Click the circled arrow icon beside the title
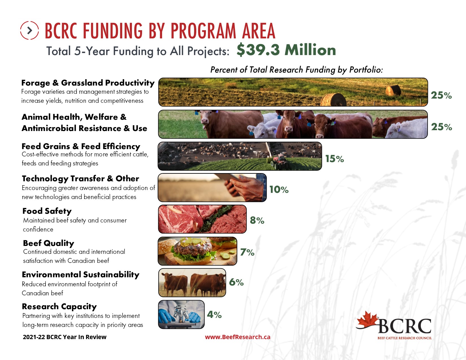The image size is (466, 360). coord(29,30)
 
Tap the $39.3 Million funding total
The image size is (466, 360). coord(286,50)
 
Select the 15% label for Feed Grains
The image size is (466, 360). coord(334,159)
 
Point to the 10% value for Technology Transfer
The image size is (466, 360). coord(279,189)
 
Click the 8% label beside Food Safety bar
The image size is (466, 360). coord(257,220)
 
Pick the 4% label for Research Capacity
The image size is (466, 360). coord(214,315)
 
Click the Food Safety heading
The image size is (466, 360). coord(47,211)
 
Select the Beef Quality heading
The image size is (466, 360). coord(49,243)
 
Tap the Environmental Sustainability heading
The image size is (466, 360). coord(80,274)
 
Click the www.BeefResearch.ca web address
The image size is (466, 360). coord(238,337)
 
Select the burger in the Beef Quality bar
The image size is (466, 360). coord(192,250)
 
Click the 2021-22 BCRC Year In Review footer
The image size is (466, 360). coord(64,337)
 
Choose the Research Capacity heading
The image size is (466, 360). coord(59,306)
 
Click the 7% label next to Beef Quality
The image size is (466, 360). coord(247,252)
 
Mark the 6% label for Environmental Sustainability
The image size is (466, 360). coord(236,282)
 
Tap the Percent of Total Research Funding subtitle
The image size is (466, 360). coord(297,70)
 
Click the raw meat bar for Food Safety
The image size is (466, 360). coord(202,219)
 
